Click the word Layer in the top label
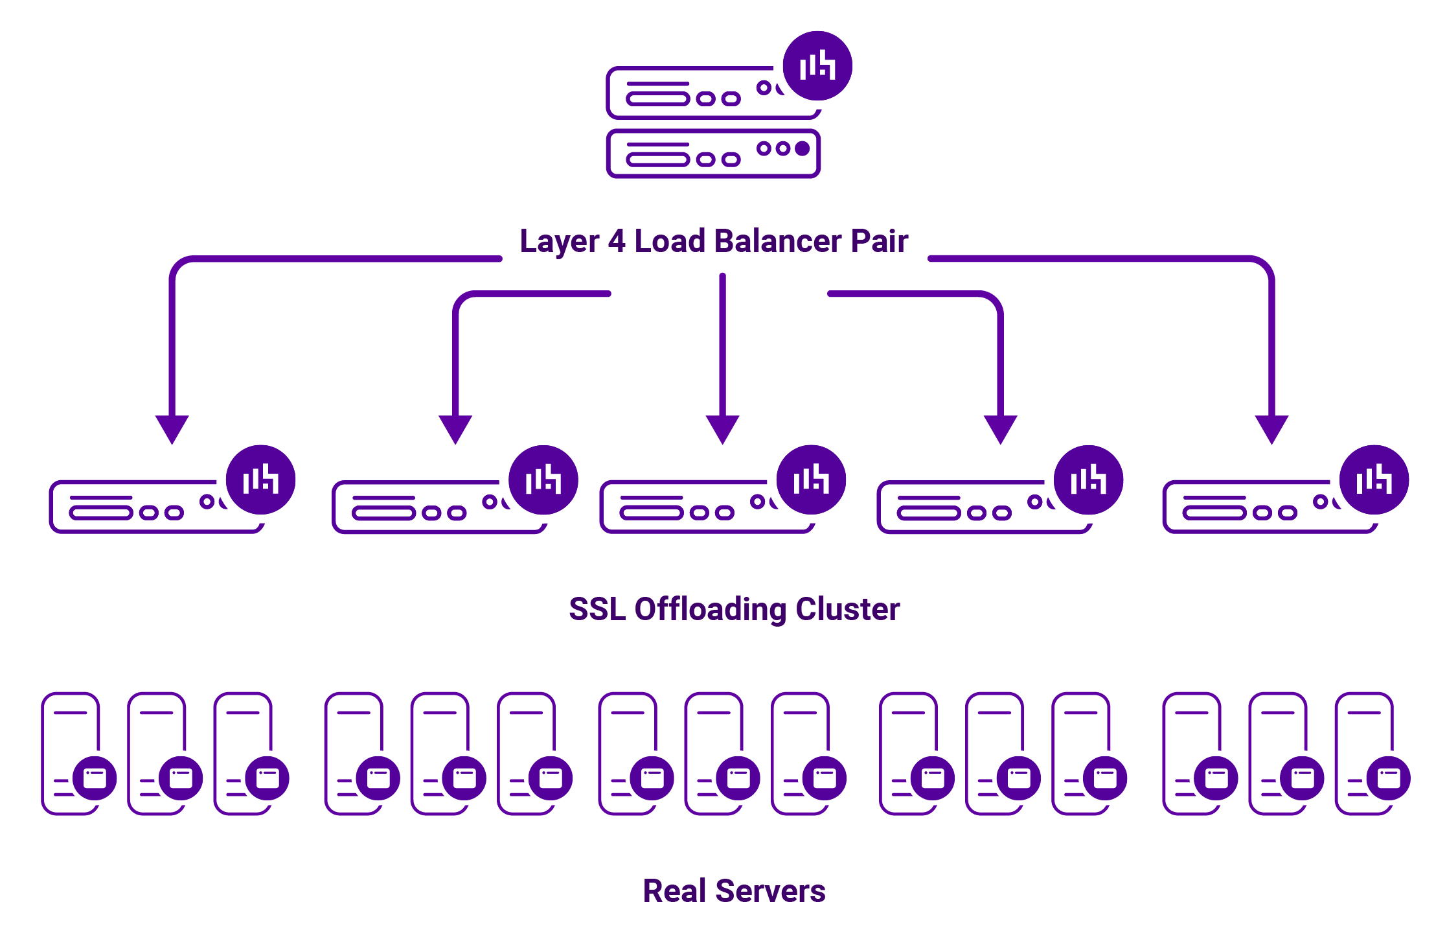[x=559, y=242]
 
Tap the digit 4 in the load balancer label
[x=617, y=241]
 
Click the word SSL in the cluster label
[x=597, y=609]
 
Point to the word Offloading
[x=710, y=610]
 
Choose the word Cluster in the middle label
[x=847, y=609]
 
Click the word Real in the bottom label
[x=674, y=891]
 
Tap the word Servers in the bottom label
[x=770, y=891]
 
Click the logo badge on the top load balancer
[x=817, y=65]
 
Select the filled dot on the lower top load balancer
[x=802, y=148]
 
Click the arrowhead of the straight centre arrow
[x=722, y=428]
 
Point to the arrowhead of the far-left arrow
[x=172, y=428]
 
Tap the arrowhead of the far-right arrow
[x=1271, y=428]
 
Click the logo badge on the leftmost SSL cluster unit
[x=260, y=480]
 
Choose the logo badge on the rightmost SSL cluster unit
[x=1374, y=480]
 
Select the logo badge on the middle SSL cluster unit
[x=811, y=480]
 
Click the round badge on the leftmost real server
[x=95, y=778]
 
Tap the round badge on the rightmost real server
[x=1388, y=778]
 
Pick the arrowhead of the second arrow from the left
[x=455, y=428]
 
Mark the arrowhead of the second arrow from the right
[x=1000, y=428]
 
